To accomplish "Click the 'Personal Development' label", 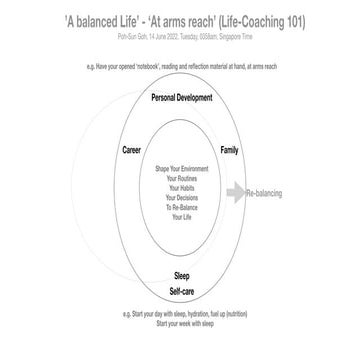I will tap(181, 99).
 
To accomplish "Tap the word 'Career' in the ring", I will tap(132, 150).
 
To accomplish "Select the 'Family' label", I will tap(228, 150).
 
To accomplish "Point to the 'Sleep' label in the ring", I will tap(181, 275).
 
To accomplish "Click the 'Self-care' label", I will tap(181, 289).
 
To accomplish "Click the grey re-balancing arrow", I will tap(235, 193).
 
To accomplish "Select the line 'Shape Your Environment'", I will tap(181, 170).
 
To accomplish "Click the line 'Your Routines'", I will tap(181, 179).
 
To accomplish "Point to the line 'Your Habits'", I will tap(181, 188).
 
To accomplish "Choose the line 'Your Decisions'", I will tap(181, 197).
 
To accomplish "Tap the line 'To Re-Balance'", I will tap(181, 206).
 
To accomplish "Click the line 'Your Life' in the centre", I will tap(181, 216).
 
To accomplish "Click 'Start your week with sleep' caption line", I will tap(181, 324).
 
